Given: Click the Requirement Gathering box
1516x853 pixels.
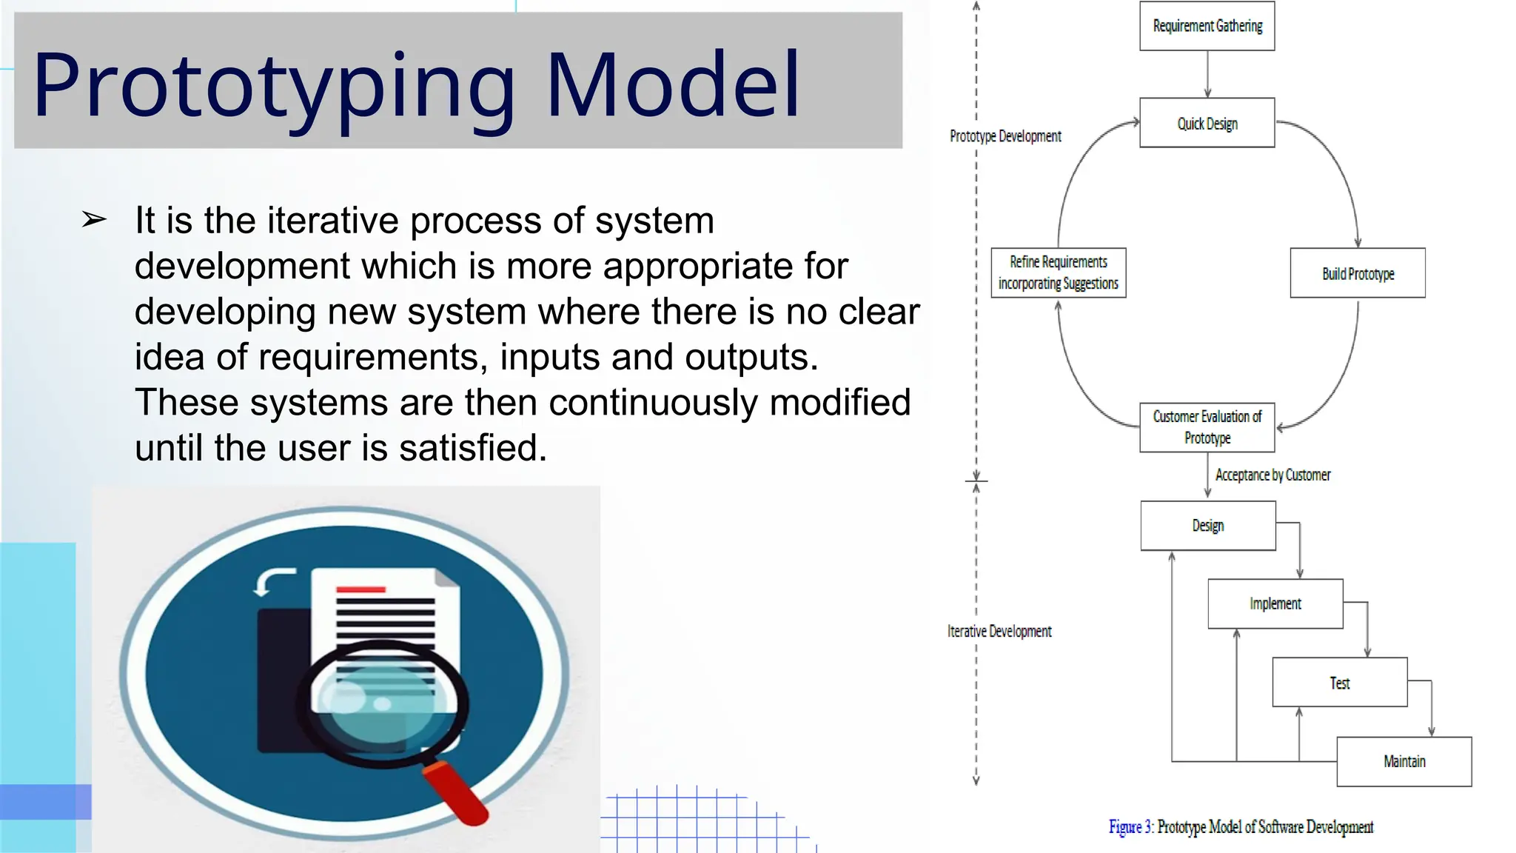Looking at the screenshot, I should (x=1207, y=26).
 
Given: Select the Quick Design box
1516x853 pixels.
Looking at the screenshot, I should (x=1207, y=123).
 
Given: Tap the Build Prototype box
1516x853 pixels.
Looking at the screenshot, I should (x=1357, y=273).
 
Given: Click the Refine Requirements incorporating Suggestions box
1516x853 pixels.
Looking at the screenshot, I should (x=1058, y=272).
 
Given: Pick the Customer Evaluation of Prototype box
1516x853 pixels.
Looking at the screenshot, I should (x=1207, y=427).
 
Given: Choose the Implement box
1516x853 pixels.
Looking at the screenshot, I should (x=1275, y=603).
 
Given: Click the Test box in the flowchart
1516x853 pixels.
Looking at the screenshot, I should (x=1339, y=682).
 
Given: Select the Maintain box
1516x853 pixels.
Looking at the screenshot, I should (x=1403, y=761).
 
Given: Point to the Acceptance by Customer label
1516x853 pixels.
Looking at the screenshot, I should (x=1272, y=475).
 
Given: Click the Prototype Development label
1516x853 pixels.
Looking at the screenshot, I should (x=1005, y=136).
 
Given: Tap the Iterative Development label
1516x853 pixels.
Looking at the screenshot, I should (x=999, y=631).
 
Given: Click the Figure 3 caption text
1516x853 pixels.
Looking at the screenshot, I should (x=1241, y=826).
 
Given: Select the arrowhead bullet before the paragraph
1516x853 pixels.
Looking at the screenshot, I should (x=94, y=219).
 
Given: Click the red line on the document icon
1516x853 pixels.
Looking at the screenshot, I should (x=360, y=589).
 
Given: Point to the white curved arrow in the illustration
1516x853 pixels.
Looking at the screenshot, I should (x=272, y=581).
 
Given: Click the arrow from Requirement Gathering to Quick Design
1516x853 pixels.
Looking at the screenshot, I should (x=1207, y=74).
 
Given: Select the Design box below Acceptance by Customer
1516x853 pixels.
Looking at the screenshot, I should (x=1207, y=526).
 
